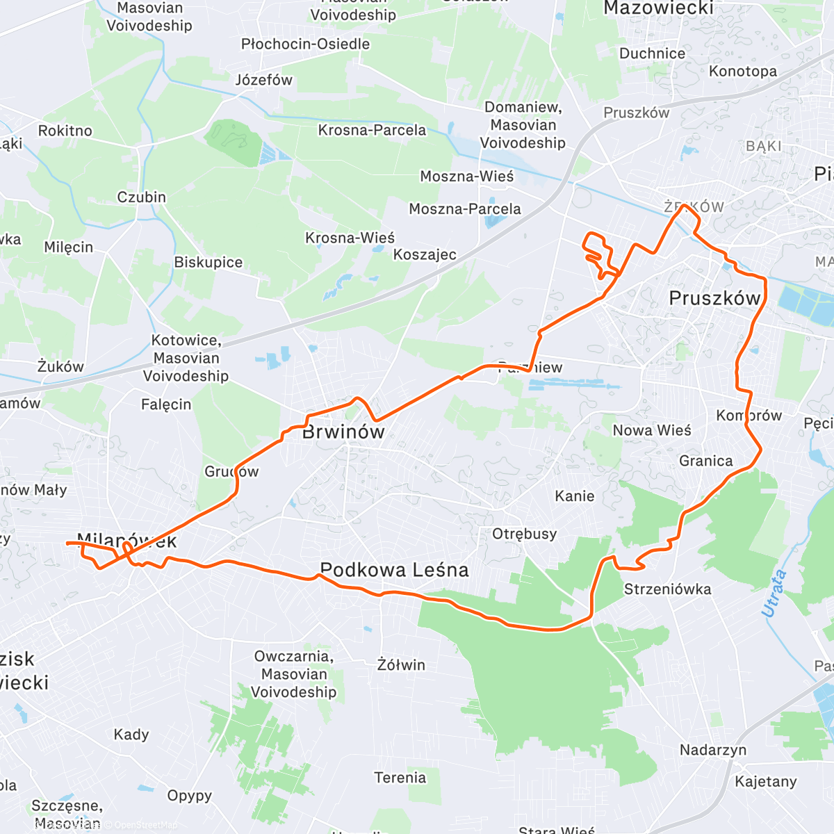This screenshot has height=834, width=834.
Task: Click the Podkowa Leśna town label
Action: pos(394,571)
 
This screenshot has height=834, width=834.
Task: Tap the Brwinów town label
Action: pos(343,432)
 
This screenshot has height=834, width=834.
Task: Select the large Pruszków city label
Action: pos(714,299)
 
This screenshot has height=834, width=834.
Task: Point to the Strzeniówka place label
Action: pos(667,589)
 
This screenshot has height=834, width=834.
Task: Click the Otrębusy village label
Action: pos(524,534)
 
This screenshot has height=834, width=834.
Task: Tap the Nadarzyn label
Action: pos(713,750)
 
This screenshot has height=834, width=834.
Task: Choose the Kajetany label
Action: pos(766,782)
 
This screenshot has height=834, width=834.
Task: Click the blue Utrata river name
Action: pos(774,593)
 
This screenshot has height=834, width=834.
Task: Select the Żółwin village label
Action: pos(401,665)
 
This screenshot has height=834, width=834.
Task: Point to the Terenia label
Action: pos(400,778)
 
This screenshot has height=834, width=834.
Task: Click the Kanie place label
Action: pos(574,496)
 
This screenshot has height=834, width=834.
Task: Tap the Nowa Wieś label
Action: pos(652,431)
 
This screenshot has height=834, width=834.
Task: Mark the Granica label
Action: pos(705,461)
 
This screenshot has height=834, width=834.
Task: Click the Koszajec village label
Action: pos(425,254)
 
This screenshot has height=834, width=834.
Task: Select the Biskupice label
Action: pos(208,263)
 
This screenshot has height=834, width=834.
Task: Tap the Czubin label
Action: pos(141,197)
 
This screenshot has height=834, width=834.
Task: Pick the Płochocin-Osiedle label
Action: pos(305,44)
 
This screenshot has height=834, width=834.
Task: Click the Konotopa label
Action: pos(743,72)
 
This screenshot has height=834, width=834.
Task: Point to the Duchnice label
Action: pos(652,54)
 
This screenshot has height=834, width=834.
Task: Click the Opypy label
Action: pos(189,796)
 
